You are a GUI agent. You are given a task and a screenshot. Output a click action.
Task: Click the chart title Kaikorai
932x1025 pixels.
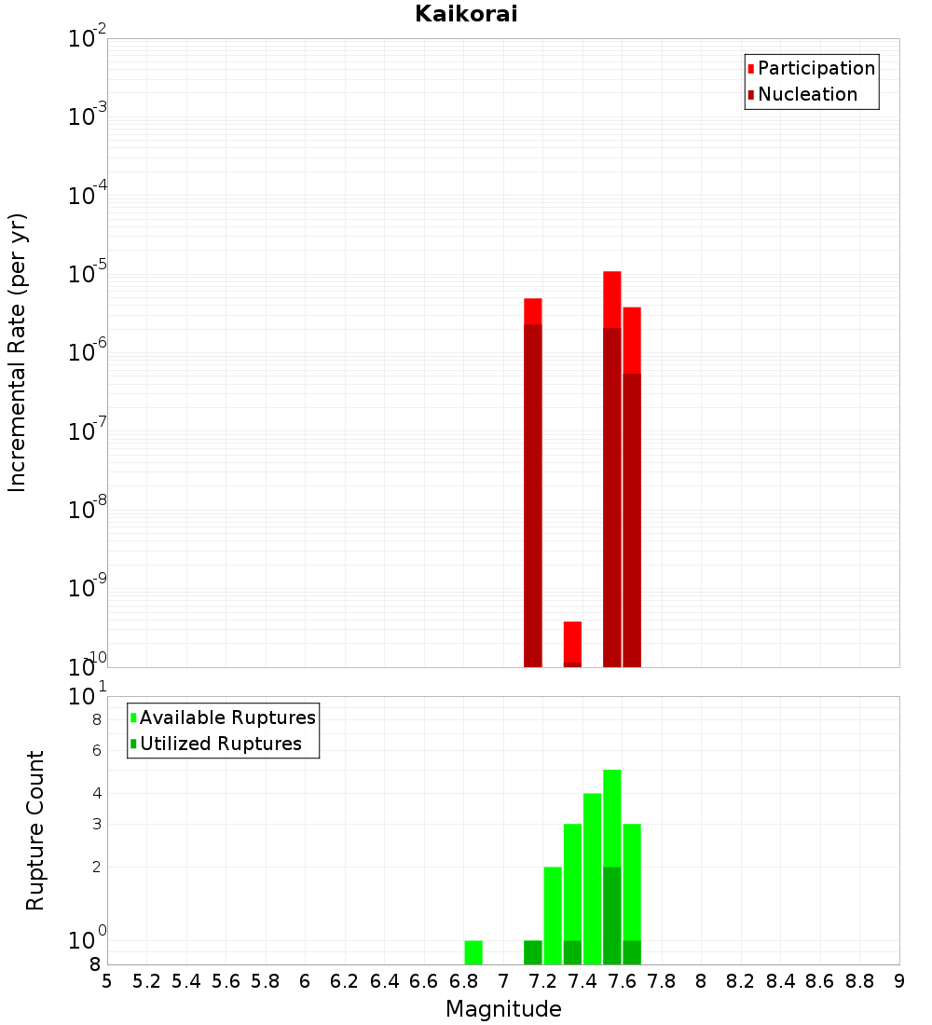coord(466,14)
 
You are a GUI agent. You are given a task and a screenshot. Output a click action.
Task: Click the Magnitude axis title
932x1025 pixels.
coord(503,1009)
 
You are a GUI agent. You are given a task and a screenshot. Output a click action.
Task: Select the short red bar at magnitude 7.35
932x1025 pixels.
coord(572,643)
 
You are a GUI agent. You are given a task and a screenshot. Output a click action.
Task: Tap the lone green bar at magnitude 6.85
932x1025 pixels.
coord(473,952)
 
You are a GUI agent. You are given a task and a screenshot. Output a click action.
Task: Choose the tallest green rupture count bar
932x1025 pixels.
coord(612,820)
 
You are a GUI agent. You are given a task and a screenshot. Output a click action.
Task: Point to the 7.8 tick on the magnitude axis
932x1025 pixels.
coord(662,980)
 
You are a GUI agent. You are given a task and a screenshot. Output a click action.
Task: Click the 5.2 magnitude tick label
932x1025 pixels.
coord(147,980)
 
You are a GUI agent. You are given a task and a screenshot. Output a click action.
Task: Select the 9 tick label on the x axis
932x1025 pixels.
coord(899,980)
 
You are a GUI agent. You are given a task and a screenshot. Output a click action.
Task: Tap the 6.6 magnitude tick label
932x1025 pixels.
coord(424,980)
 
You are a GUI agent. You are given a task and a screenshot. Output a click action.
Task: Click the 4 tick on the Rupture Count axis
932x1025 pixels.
coord(96,793)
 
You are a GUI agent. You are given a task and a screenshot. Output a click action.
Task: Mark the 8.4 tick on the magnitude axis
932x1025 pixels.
coord(780,980)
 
